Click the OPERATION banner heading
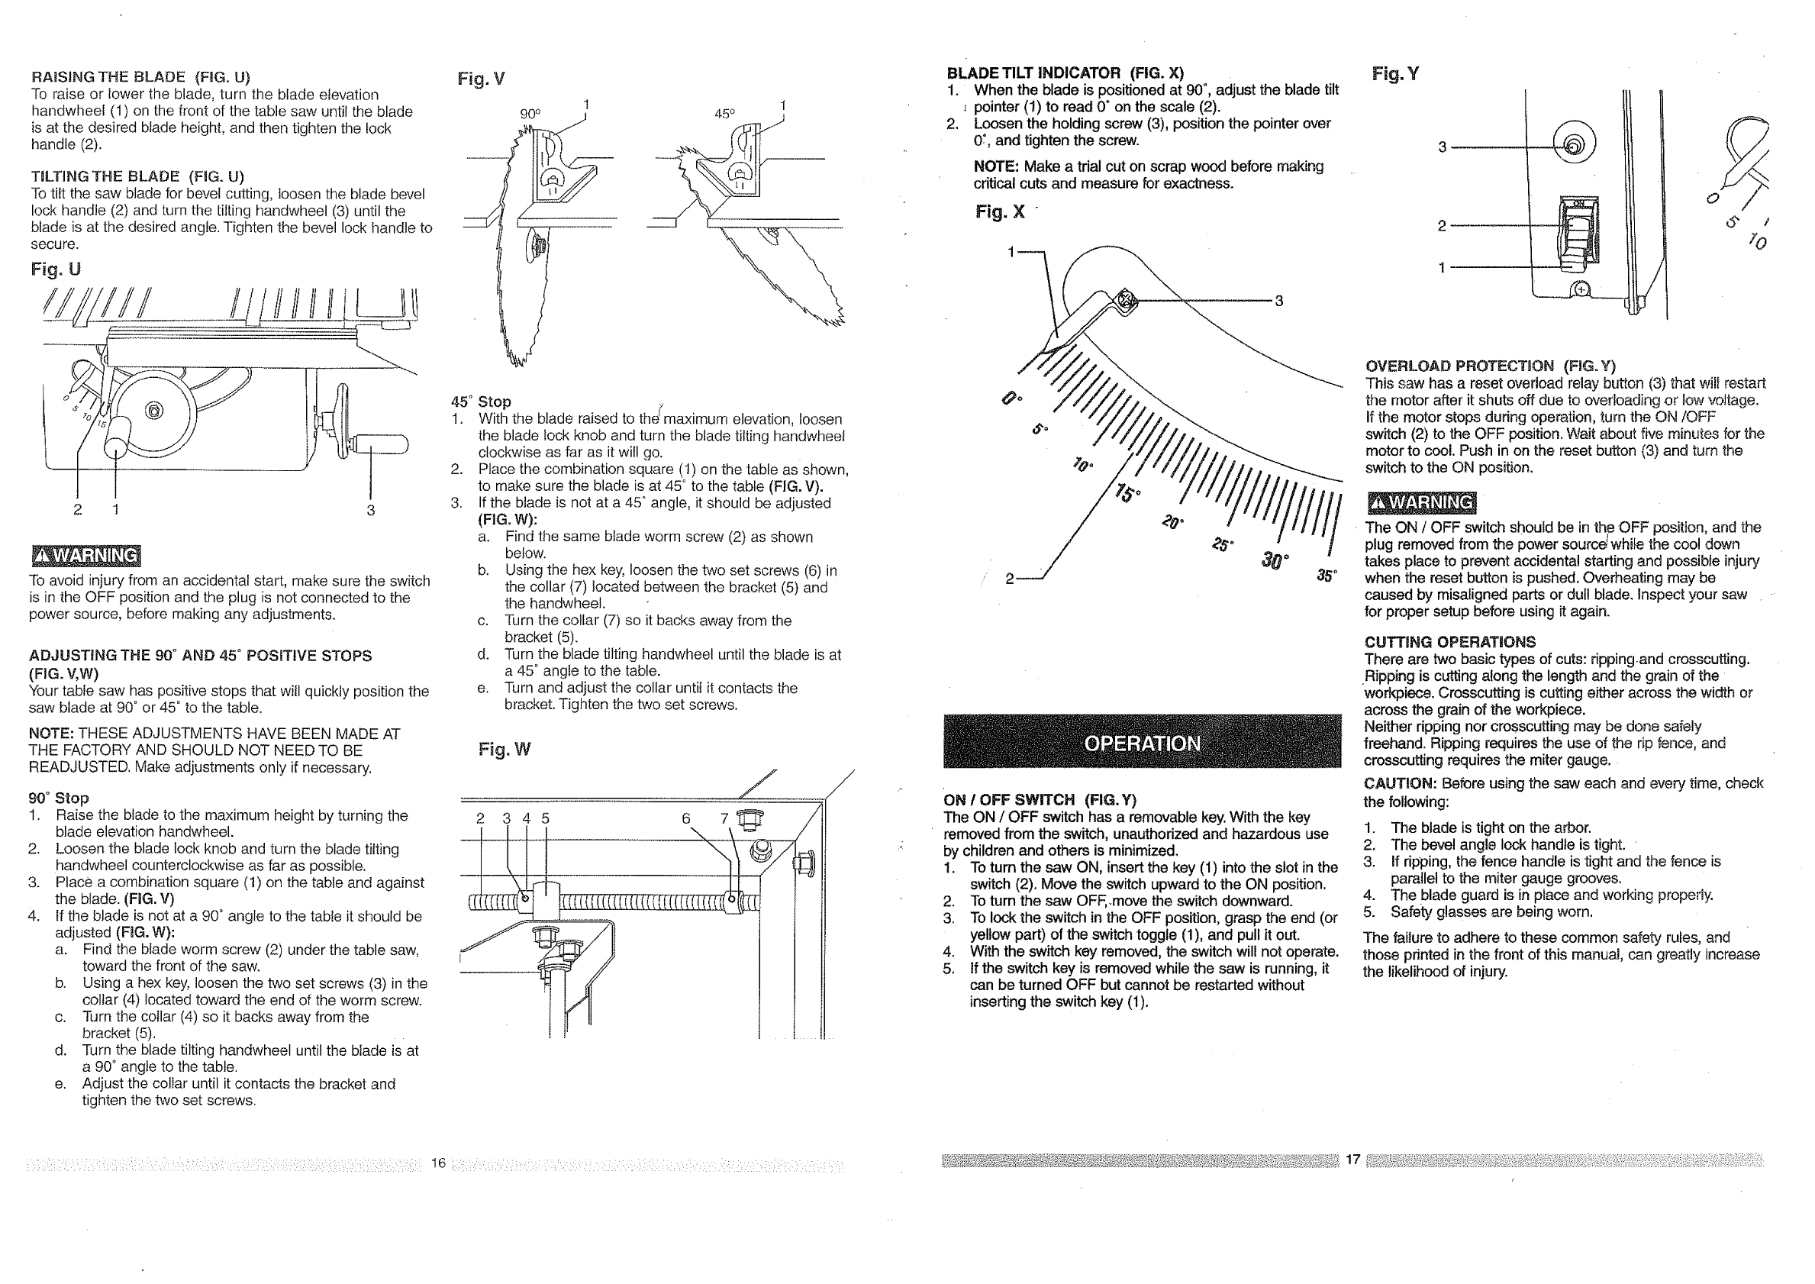pos(1142,744)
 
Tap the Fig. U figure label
pos(55,269)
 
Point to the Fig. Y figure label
pos(1395,74)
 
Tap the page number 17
pos(1352,1160)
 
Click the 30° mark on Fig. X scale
pos(1275,561)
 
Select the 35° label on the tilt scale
pos(1327,576)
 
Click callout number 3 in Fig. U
pos(370,510)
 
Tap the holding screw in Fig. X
pos(1126,301)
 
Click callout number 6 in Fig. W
pos(686,819)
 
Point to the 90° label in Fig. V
pos(530,114)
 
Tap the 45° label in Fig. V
pos(724,114)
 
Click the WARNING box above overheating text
pos(1420,503)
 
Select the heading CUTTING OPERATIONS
pos(1450,642)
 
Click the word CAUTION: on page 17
pos(1399,783)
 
